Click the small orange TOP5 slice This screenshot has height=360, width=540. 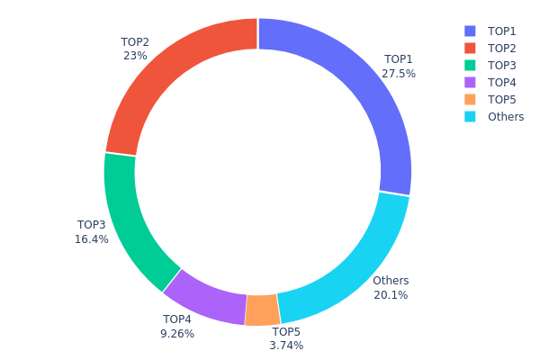(262, 310)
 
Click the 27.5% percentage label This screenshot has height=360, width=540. (399, 74)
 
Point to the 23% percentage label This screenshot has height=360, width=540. (135, 55)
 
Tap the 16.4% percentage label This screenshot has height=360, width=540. (92, 239)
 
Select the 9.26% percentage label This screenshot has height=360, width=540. (177, 334)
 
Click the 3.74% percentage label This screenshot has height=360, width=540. (286, 346)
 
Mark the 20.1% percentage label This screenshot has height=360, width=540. (391, 295)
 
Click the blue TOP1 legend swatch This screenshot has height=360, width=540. (470, 31)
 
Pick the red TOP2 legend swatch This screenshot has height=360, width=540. (470, 48)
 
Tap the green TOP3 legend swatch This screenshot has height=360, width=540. (470, 65)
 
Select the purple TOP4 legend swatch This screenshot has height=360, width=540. (470, 82)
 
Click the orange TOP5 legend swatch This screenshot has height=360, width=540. (470, 99)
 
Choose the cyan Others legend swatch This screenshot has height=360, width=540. (470, 116)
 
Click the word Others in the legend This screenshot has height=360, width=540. (506, 116)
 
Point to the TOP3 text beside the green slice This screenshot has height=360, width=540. (92, 225)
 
